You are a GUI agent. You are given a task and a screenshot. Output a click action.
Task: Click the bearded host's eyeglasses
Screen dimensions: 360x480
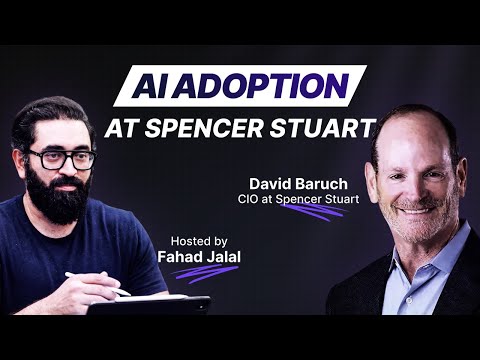pyautogui.click(x=61, y=158)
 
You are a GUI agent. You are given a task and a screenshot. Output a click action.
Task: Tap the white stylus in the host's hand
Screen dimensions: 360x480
pyautogui.click(x=96, y=284)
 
